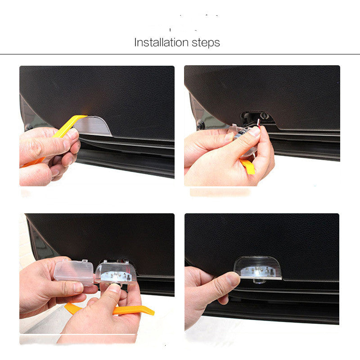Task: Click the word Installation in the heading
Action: pyautogui.click(x=160, y=43)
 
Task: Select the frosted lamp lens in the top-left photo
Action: pyautogui.click(x=98, y=126)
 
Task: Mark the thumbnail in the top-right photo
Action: pyautogui.click(x=255, y=131)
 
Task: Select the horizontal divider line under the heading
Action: pyautogui.click(x=180, y=54)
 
